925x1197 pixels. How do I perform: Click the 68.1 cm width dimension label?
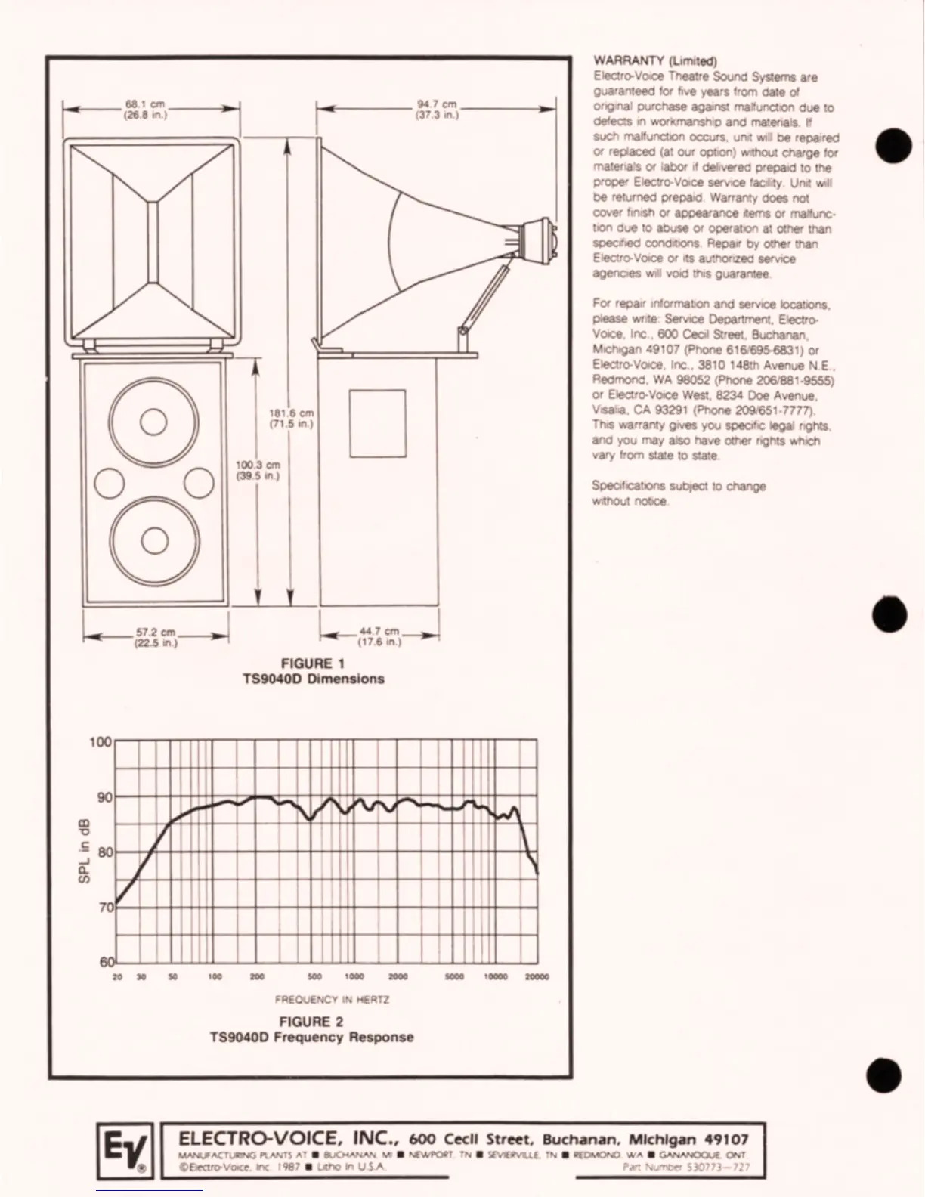point(145,110)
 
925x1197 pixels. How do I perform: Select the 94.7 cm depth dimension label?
point(437,110)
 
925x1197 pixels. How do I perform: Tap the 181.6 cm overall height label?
point(291,419)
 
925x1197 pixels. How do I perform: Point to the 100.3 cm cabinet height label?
point(258,470)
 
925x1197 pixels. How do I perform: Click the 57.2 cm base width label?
point(156,637)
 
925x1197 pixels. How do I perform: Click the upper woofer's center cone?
point(153,422)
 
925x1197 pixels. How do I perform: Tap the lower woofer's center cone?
point(154,539)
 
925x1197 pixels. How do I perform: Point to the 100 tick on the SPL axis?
point(101,742)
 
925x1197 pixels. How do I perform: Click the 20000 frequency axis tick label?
point(537,976)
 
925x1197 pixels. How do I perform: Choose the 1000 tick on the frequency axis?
point(354,976)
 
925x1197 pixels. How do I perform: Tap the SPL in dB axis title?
point(85,851)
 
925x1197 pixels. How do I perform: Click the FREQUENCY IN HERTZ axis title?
point(332,999)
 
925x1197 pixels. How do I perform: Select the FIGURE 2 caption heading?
point(311,1022)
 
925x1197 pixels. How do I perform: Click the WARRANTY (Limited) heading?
point(654,61)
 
